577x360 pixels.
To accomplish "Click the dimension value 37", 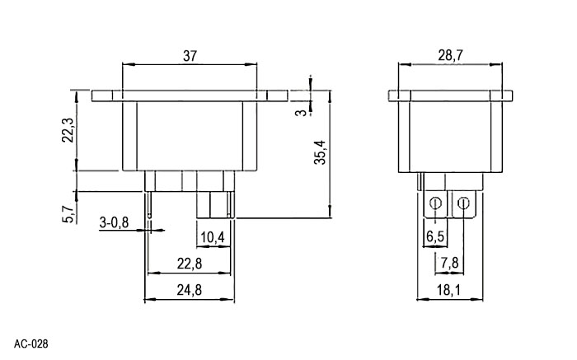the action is pos(190,56).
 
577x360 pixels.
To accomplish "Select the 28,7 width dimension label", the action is pos(450,55).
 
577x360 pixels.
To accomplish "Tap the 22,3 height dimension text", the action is pos(68,130).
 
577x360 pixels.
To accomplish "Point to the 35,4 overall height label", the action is pos(320,152).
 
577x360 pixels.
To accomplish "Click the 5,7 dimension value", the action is pos(68,214).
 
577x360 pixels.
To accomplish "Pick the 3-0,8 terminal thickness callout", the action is pos(114,222).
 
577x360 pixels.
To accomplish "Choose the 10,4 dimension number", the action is pos(213,237).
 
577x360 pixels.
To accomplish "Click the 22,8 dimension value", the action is pos(190,264).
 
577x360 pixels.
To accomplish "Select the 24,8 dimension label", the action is pos(190,290).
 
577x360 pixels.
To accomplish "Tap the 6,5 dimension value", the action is pos(435,236).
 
